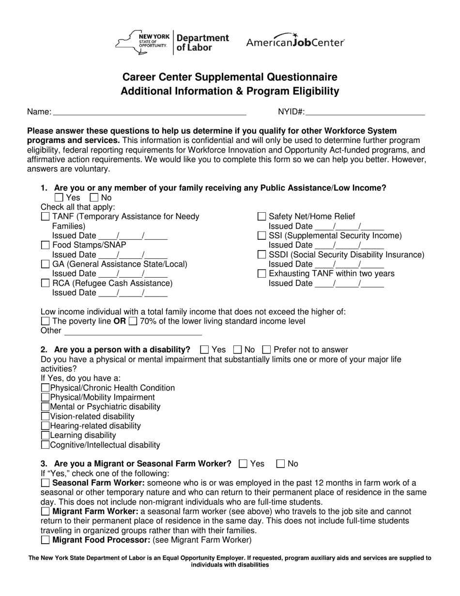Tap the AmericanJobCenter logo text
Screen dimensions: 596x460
(x=295, y=42)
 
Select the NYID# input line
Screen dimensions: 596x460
(x=365, y=112)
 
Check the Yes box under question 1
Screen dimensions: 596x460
(x=59, y=198)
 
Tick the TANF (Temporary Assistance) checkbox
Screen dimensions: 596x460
(x=45, y=217)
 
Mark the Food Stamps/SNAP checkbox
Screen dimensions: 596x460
(x=45, y=245)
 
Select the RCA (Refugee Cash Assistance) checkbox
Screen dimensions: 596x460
(x=45, y=283)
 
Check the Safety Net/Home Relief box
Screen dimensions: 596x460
(x=261, y=217)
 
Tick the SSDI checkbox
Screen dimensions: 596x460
(x=261, y=254)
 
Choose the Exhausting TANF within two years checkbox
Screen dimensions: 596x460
(x=261, y=274)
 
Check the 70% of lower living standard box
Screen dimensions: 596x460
(x=133, y=321)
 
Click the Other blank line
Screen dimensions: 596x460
(x=133, y=331)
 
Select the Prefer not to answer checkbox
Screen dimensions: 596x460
(x=266, y=350)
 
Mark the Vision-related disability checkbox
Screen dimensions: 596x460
(x=45, y=416)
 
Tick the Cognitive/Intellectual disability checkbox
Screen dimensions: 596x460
(x=45, y=445)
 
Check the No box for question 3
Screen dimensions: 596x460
(x=280, y=464)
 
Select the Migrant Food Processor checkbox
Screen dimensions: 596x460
(x=45, y=540)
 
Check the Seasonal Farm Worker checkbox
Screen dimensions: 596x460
(x=45, y=483)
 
